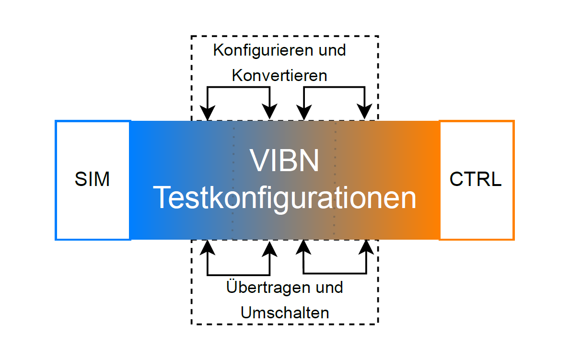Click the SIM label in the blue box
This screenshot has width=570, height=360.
point(92,179)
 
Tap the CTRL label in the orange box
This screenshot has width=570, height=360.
point(476,179)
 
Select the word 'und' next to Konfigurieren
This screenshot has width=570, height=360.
point(332,50)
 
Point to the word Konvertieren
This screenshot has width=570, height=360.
point(279,75)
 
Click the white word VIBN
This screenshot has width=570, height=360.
point(284,161)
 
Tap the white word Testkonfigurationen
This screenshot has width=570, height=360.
point(285,197)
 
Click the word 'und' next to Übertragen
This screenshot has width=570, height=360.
point(329,288)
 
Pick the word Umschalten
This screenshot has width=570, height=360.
point(285,313)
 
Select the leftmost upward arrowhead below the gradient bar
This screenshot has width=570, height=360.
point(208,248)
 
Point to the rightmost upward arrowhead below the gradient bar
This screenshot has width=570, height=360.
point(366,247)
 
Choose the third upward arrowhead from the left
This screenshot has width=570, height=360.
point(303,247)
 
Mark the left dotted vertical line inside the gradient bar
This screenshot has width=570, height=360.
point(233,180)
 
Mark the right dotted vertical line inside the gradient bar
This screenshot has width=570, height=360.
point(335,180)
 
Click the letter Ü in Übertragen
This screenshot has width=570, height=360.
point(232,287)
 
